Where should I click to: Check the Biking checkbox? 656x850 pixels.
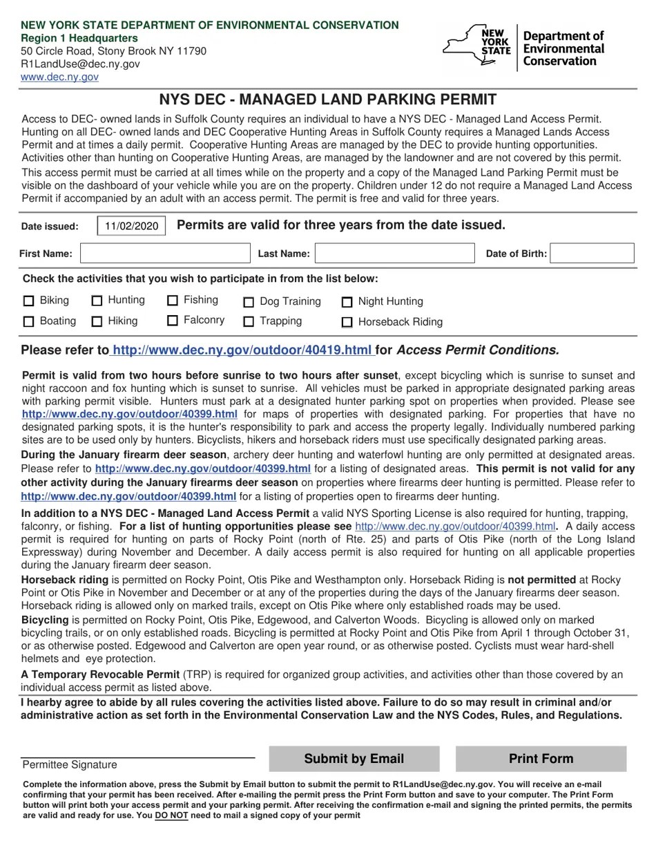click(x=28, y=301)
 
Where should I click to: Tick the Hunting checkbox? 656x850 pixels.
click(x=97, y=301)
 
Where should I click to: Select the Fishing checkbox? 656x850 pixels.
click(x=173, y=301)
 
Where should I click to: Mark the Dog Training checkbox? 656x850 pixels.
click(x=249, y=302)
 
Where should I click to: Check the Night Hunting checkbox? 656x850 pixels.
click(x=347, y=302)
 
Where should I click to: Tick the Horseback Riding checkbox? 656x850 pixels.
click(x=347, y=322)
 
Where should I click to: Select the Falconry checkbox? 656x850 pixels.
click(x=173, y=321)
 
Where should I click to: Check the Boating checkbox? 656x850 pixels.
click(x=28, y=321)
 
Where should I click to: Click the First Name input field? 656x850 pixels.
click(x=165, y=254)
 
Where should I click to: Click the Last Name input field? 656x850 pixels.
click(x=395, y=254)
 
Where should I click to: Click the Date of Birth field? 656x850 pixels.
click(x=592, y=254)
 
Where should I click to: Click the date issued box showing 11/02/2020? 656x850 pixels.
click(x=131, y=226)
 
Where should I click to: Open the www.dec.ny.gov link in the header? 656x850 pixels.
click(x=59, y=77)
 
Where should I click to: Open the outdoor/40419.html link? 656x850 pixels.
click(x=242, y=350)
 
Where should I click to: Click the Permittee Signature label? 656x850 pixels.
click(x=70, y=765)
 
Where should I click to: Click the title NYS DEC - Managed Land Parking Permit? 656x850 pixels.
click(x=328, y=100)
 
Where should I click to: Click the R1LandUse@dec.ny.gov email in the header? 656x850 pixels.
click(x=80, y=64)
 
